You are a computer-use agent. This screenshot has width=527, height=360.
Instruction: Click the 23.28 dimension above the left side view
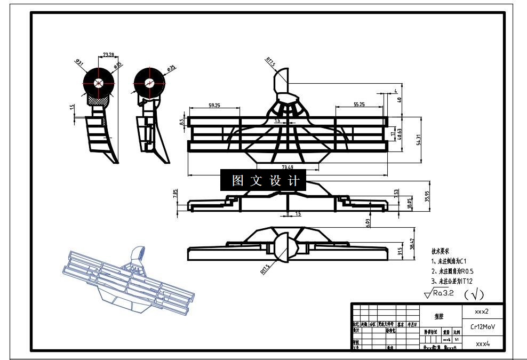click(109, 54)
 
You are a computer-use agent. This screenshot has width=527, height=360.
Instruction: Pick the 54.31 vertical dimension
click(419, 139)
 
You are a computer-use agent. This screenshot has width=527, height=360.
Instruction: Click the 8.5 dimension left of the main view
click(182, 122)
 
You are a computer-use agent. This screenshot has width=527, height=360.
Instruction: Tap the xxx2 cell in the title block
click(482, 310)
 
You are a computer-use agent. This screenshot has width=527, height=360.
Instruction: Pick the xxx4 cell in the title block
click(482, 344)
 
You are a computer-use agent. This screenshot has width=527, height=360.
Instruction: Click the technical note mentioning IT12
click(452, 281)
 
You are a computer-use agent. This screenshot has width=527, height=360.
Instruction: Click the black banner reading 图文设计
click(263, 181)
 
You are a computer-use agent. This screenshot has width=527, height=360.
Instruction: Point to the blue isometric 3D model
click(127, 282)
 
